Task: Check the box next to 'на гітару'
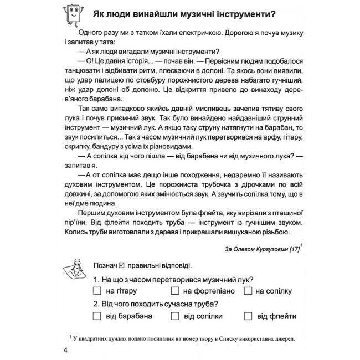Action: click(97, 291)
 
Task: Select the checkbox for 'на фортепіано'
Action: click(175, 291)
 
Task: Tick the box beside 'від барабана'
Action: click(97, 316)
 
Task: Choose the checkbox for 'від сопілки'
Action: click(175, 316)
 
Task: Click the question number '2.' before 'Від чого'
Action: click(97, 304)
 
